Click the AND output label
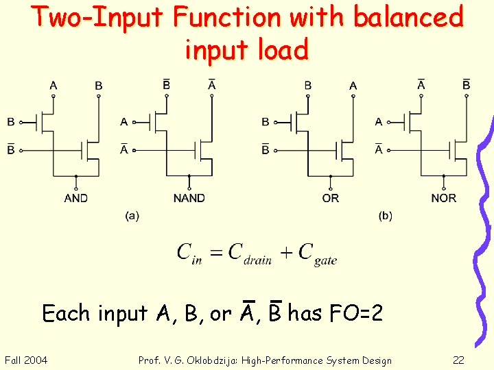point(75,198)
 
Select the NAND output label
point(189,198)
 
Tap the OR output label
point(330,198)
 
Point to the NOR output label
point(443,198)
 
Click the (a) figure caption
point(132,216)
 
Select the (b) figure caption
point(386,216)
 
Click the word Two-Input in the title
point(97,18)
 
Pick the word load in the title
point(281,49)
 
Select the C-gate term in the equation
point(318,254)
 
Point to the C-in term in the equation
point(189,254)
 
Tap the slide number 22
point(459,360)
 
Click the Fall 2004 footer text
point(26,360)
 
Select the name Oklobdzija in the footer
point(226,360)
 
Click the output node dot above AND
point(76,177)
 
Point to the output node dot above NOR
point(444,177)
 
